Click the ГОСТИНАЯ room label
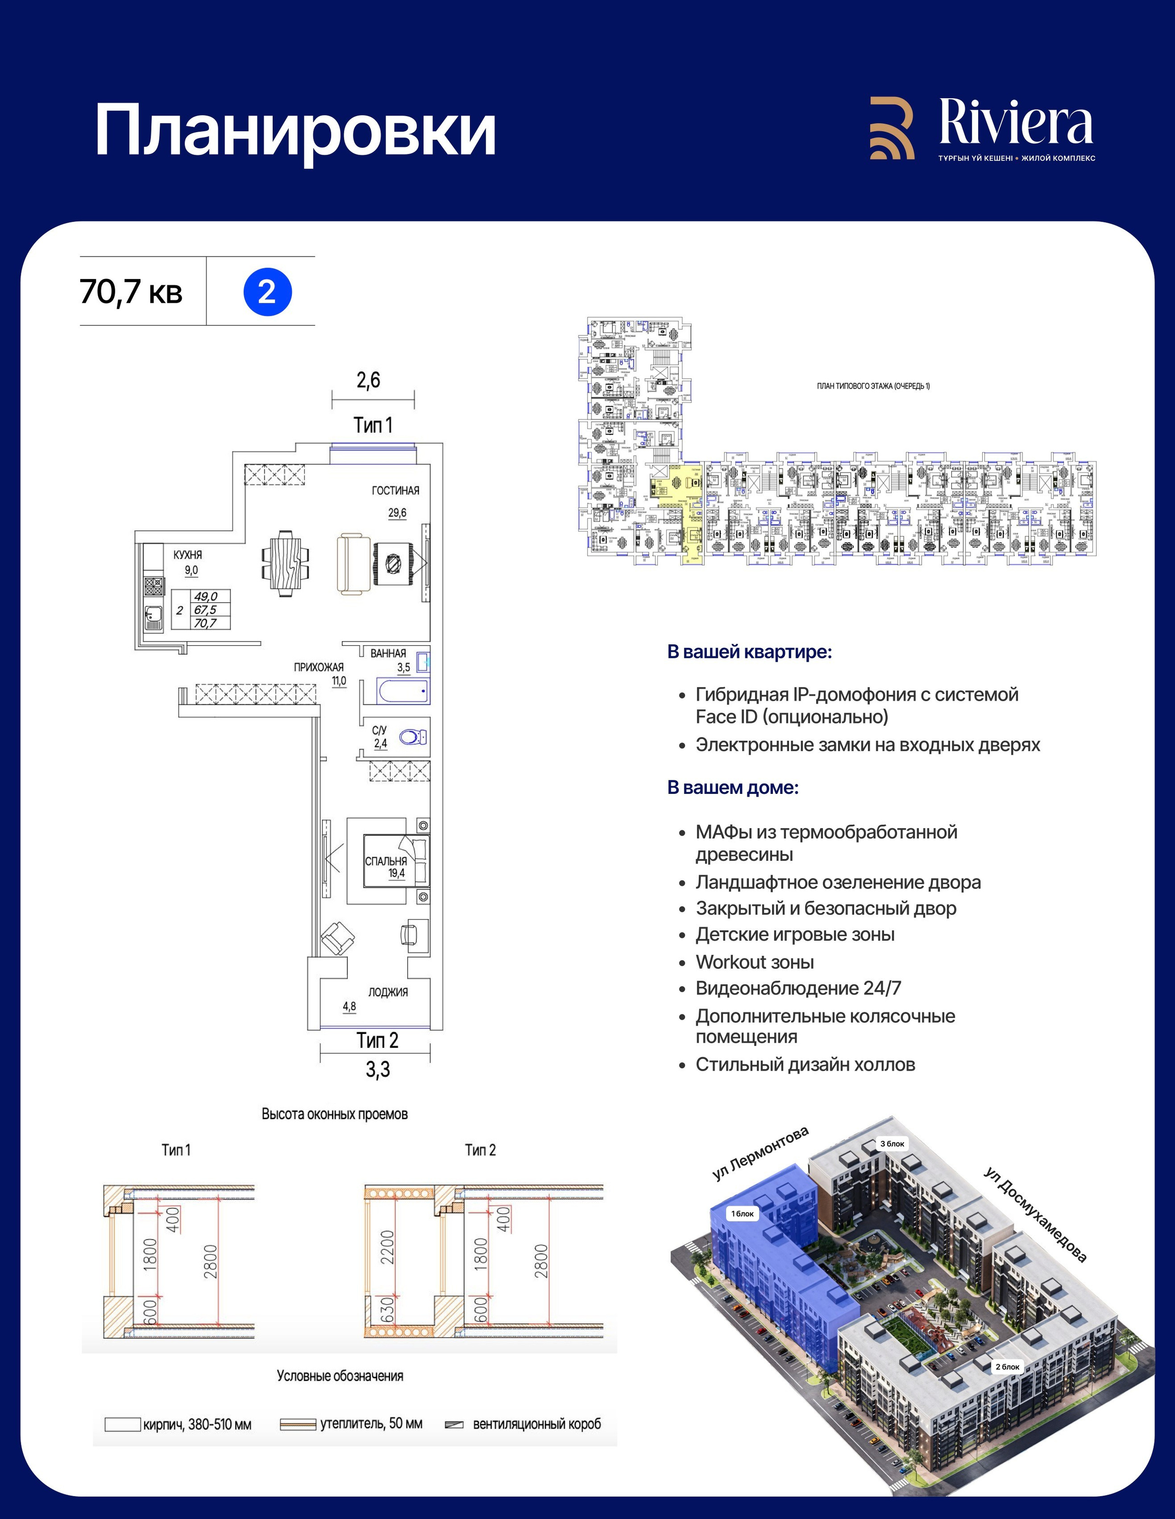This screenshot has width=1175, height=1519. pos(395,490)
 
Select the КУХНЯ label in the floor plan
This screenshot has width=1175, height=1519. pos(188,554)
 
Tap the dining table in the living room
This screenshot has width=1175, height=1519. pos(285,564)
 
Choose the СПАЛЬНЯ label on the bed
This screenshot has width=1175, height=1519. pos(386,861)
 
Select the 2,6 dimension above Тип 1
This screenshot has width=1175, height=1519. pos(369,380)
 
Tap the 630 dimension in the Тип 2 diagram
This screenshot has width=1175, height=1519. pos(387,1310)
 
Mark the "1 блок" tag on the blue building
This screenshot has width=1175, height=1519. pos(742,1214)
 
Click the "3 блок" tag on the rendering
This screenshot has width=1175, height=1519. pos(893,1144)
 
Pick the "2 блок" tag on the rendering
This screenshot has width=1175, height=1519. pos(1007,1367)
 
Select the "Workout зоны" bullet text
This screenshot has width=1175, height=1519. pos(755,962)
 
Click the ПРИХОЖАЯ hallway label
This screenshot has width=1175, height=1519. pos(319,667)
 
